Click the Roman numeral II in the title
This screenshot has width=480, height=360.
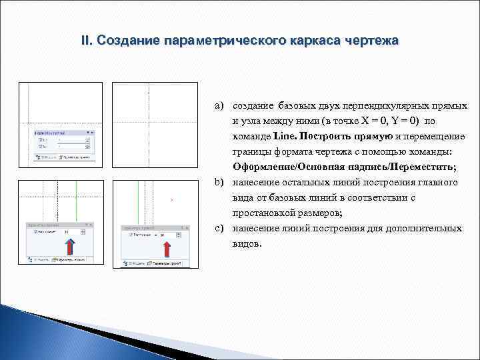tap(85, 41)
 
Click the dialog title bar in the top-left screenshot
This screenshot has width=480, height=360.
tap(61, 133)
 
